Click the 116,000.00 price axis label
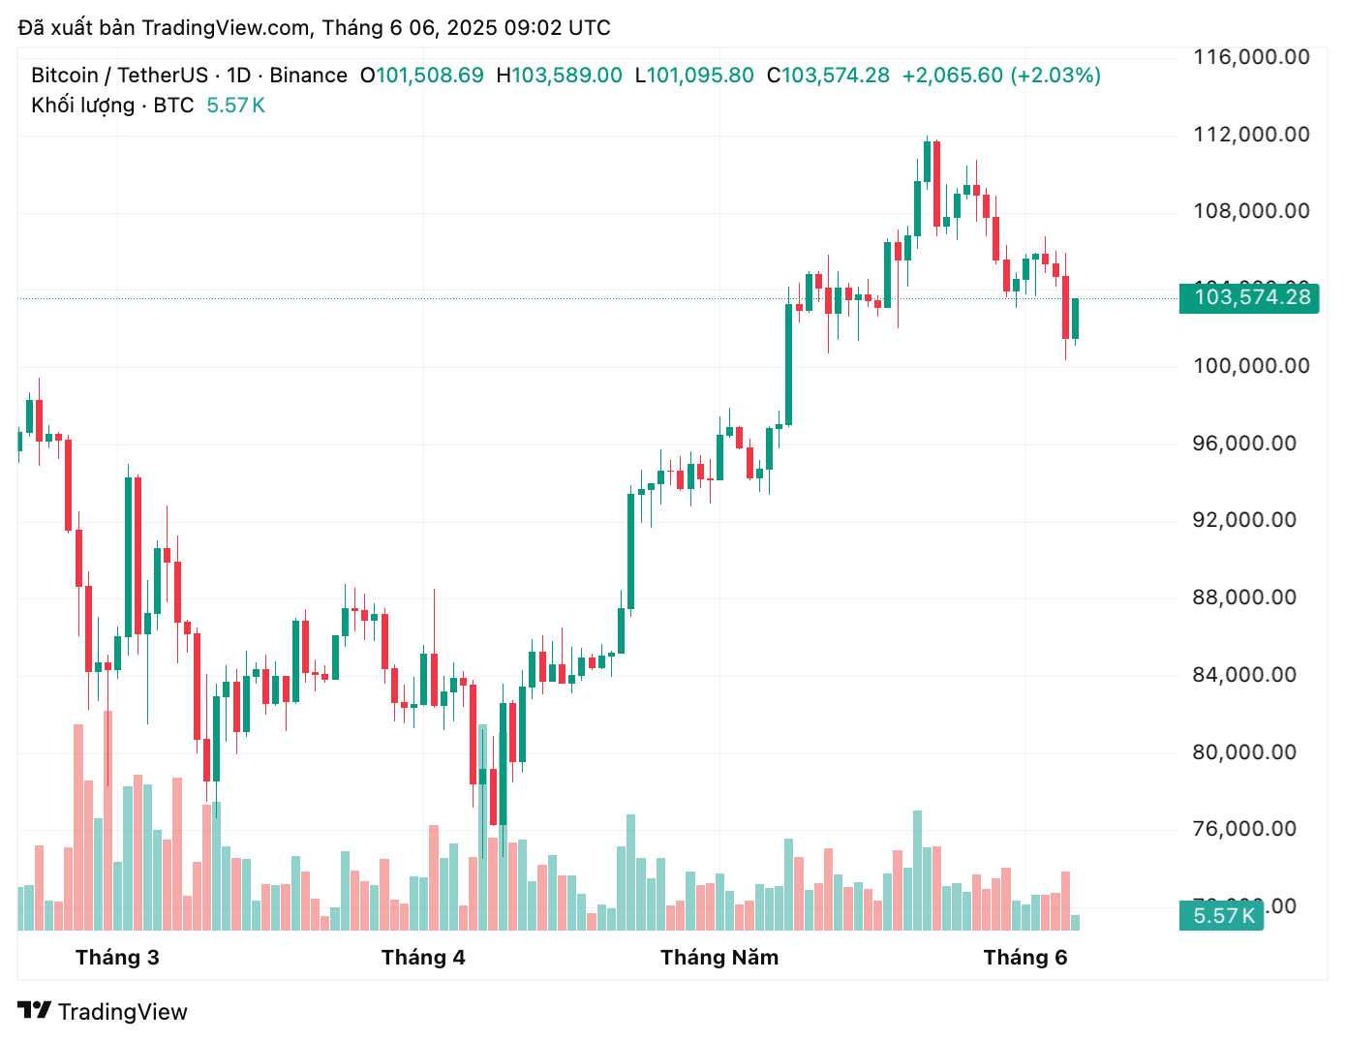(1251, 57)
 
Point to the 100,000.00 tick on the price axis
(1251, 366)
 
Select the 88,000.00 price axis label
(1244, 597)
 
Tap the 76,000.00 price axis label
(1244, 829)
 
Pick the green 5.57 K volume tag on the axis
(1223, 915)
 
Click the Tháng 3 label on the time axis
(117, 958)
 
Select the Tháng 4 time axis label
(423, 958)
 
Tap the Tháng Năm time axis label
(719, 958)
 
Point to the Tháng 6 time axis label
(1024, 958)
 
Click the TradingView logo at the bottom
(103, 1012)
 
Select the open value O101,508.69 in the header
(422, 76)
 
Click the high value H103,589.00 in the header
(560, 76)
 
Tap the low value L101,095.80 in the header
(694, 76)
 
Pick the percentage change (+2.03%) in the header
(1055, 76)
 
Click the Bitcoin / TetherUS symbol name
(119, 76)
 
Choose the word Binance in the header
(308, 76)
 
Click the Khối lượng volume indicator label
(82, 106)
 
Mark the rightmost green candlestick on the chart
(1075, 319)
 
